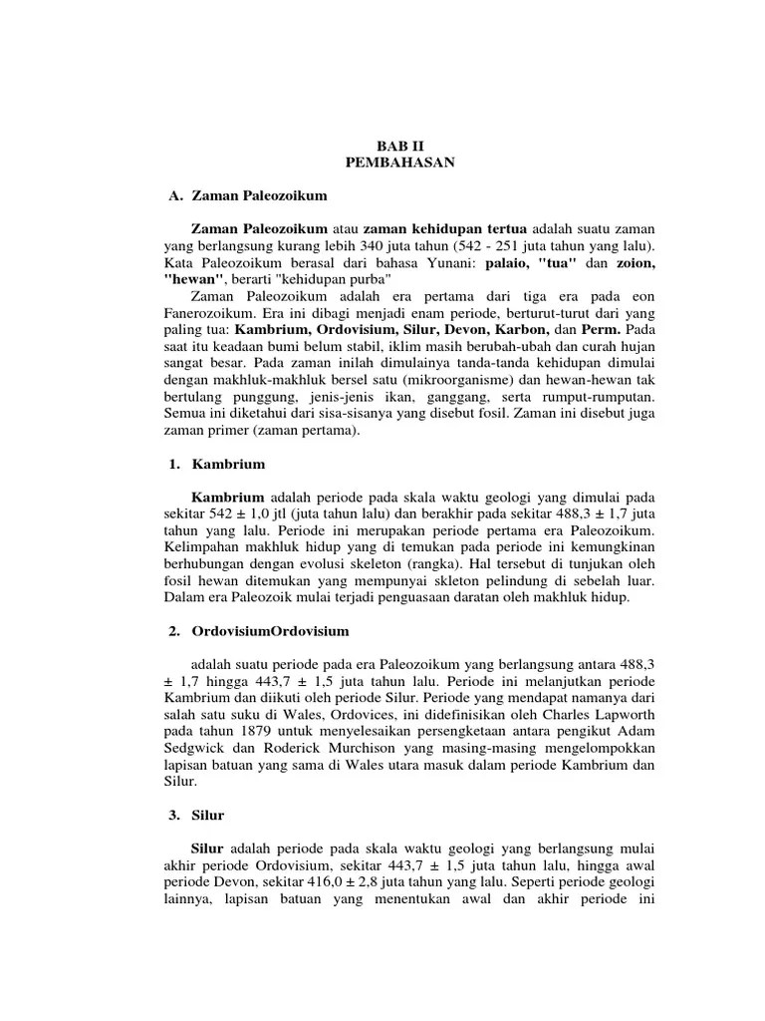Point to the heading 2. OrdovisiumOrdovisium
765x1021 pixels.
click(x=256, y=632)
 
